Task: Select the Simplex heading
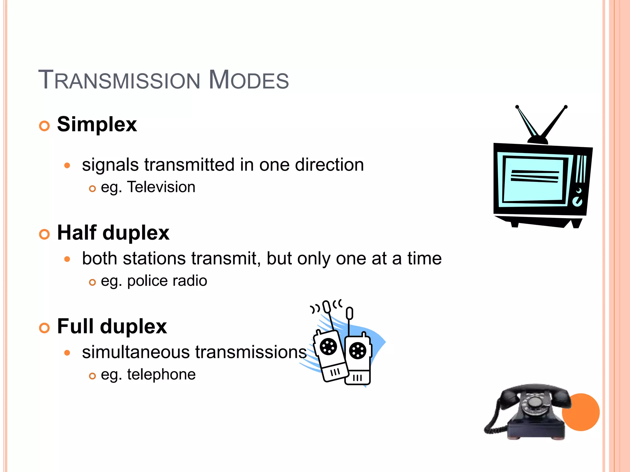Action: coord(97,124)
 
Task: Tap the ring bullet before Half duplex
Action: coord(44,234)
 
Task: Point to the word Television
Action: coord(161,187)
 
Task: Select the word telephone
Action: coord(161,375)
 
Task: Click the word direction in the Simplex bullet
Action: coord(329,165)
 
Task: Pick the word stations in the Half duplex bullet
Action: coord(154,258)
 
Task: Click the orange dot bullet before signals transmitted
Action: coord(67,166)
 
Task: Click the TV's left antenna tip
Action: coord(517,107)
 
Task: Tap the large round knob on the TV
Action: coord(577,202)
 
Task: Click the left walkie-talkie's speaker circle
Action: coord(328,347)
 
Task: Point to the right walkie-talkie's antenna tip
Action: coord(349,313)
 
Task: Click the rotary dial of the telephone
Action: coord(535,403)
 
